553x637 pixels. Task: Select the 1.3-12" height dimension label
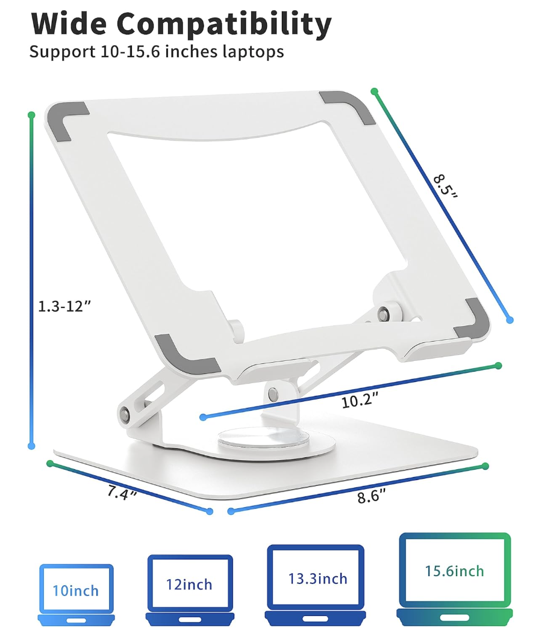(x=63, y=305)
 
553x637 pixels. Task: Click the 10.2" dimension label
(x=360, y=400)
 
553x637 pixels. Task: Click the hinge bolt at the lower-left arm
(x=125, y=415)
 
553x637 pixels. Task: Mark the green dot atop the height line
(x=31, y=114)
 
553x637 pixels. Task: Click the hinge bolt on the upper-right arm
(x=383, y=313)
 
